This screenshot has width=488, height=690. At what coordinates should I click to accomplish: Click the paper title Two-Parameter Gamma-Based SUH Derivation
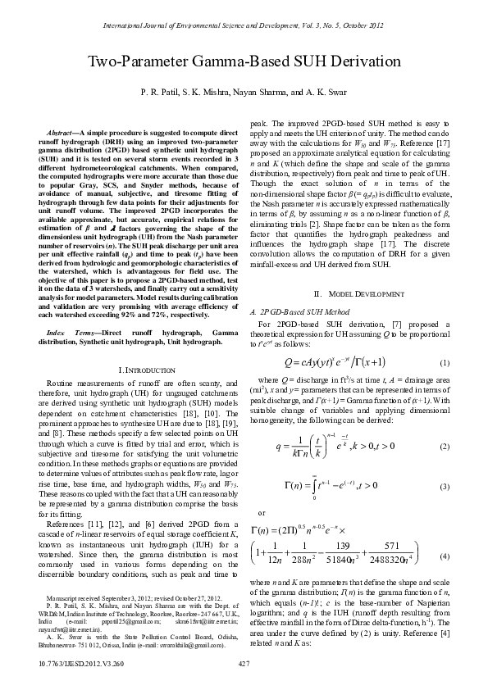coord(244,62)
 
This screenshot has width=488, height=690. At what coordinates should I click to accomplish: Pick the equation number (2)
coord(444,446)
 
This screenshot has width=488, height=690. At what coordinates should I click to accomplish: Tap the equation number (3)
coord(444,487)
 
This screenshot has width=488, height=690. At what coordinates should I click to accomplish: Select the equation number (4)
coord(444,556)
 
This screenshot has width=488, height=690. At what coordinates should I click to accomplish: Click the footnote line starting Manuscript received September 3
coord(124,599)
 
